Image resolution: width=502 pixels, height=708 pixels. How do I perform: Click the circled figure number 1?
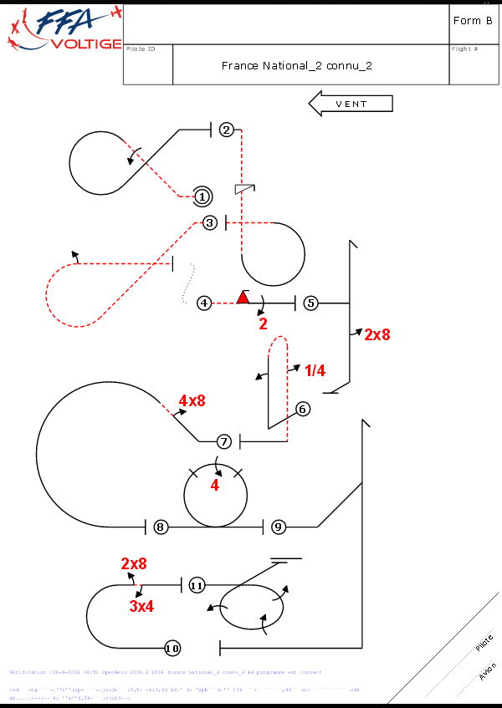[202, 196]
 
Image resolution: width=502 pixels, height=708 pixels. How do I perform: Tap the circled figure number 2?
[226, 130]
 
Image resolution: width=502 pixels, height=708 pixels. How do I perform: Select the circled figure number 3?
[210, 222]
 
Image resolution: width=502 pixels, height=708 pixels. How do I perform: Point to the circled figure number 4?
[204, 303]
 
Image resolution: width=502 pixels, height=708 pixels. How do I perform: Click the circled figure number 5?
[310, 303]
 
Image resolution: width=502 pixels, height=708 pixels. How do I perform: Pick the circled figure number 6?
[303, 409]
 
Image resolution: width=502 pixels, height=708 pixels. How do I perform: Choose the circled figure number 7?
[223, 441]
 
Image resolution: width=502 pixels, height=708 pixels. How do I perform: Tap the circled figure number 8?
[161, 527]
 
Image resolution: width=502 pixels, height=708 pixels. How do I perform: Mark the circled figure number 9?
[279, 527]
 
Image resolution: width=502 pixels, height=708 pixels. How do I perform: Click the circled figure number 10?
[172, 648]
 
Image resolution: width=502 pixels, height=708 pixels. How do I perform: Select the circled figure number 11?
[197, 585]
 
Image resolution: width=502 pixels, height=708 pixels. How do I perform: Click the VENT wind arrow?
[351, 104]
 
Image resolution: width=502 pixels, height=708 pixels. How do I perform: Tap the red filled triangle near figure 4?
[243, 297]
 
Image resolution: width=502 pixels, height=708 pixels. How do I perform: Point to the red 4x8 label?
[192, 400]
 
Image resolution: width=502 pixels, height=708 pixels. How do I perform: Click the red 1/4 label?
[315, 370]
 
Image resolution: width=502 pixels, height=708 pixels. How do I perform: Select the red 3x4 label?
[141, 607]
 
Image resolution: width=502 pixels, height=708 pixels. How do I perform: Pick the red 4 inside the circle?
[214, 486]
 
